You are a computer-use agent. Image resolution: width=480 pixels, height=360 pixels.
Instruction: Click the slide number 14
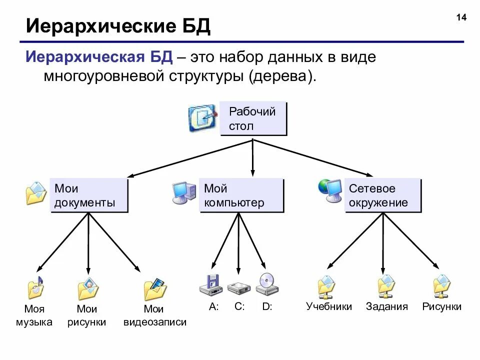(461, 18)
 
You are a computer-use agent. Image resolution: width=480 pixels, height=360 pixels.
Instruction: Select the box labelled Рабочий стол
(253, 119)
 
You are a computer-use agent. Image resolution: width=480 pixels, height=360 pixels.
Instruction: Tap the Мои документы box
(88, 195)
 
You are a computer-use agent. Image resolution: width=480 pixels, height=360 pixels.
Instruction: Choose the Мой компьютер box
(241, 195)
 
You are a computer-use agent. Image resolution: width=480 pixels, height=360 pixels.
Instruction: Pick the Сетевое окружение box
(382, 195)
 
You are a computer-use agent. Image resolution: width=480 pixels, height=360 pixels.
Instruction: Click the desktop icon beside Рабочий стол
(202, 118)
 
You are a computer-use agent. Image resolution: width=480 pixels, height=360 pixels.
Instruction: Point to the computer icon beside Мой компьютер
(184, 193)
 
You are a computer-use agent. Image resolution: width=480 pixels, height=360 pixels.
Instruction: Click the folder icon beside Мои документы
(36, 193)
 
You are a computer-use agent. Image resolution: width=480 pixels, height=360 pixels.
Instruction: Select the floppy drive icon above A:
(211, 284)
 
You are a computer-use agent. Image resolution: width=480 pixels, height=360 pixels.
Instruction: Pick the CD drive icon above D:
(266, 283)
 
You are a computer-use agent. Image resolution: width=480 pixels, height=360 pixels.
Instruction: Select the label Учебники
(329, 306)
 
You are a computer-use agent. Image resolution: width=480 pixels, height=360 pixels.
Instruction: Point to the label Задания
(386, 306)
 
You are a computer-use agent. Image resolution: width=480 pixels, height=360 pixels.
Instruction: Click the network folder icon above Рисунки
(442, 286)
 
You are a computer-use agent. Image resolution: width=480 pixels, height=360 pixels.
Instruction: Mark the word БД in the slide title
(194, 27)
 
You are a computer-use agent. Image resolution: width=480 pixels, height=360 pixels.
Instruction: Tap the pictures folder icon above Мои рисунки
(88, 288)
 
